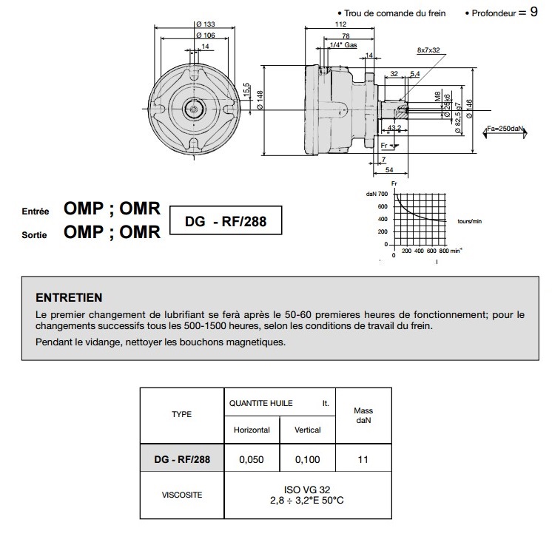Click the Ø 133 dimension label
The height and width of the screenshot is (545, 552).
[x=206, y=24]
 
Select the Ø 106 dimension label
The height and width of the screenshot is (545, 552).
[x=206, y=35]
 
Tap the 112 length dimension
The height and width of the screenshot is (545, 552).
[x=340, y=24]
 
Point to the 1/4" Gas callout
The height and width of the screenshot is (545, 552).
[x=343, y=45]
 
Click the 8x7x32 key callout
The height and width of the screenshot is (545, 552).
[x=428, y=50]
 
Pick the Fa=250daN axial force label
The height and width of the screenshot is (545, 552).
[x=505, y=129]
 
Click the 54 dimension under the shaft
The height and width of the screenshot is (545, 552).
[x=389, y=169]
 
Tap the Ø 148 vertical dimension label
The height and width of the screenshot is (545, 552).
[x=260, y=100]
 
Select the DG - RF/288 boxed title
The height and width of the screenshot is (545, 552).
[x=226, y=221]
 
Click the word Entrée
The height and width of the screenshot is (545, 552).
[x=36, y=211]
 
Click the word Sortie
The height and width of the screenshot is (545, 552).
[x=34, y=234]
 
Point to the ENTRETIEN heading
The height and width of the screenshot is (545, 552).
[x=69, y=298]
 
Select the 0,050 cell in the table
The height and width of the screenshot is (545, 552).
[x=252, y=459]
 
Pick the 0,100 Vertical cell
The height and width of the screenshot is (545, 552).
[x=307, y=459]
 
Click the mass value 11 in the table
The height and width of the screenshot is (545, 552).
[x=363, y=459]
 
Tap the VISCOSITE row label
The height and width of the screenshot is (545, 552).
[x=182, y=495]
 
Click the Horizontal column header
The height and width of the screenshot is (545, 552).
[x=252, y=430]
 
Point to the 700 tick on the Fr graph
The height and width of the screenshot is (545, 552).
[x=383, y=194]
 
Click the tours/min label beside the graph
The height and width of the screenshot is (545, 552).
[x=470, y=221]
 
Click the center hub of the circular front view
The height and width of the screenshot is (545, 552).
[x=194, y=109]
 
